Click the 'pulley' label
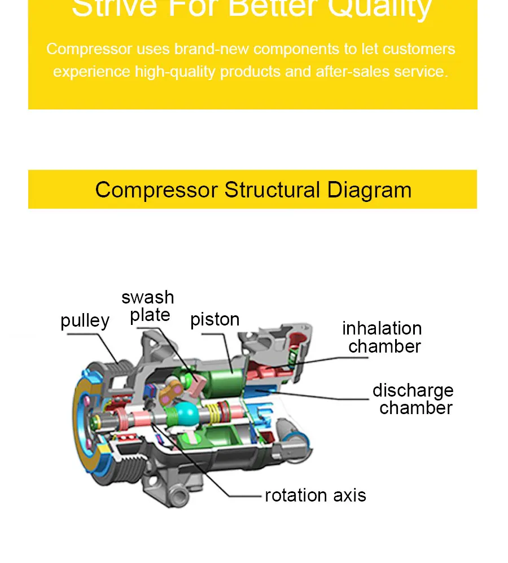tap(85, 320)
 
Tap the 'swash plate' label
tap(148, 306)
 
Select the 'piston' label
tap(215, 319)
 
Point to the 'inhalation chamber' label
tap(382, 337)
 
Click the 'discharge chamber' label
tap(413, 399)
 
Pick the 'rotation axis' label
tap(316, 495)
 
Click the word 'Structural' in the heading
tap(272, 190)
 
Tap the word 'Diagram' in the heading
tap(369, 190)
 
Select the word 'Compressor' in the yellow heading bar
tap(156, 190)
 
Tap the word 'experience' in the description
tap(91, 72)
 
